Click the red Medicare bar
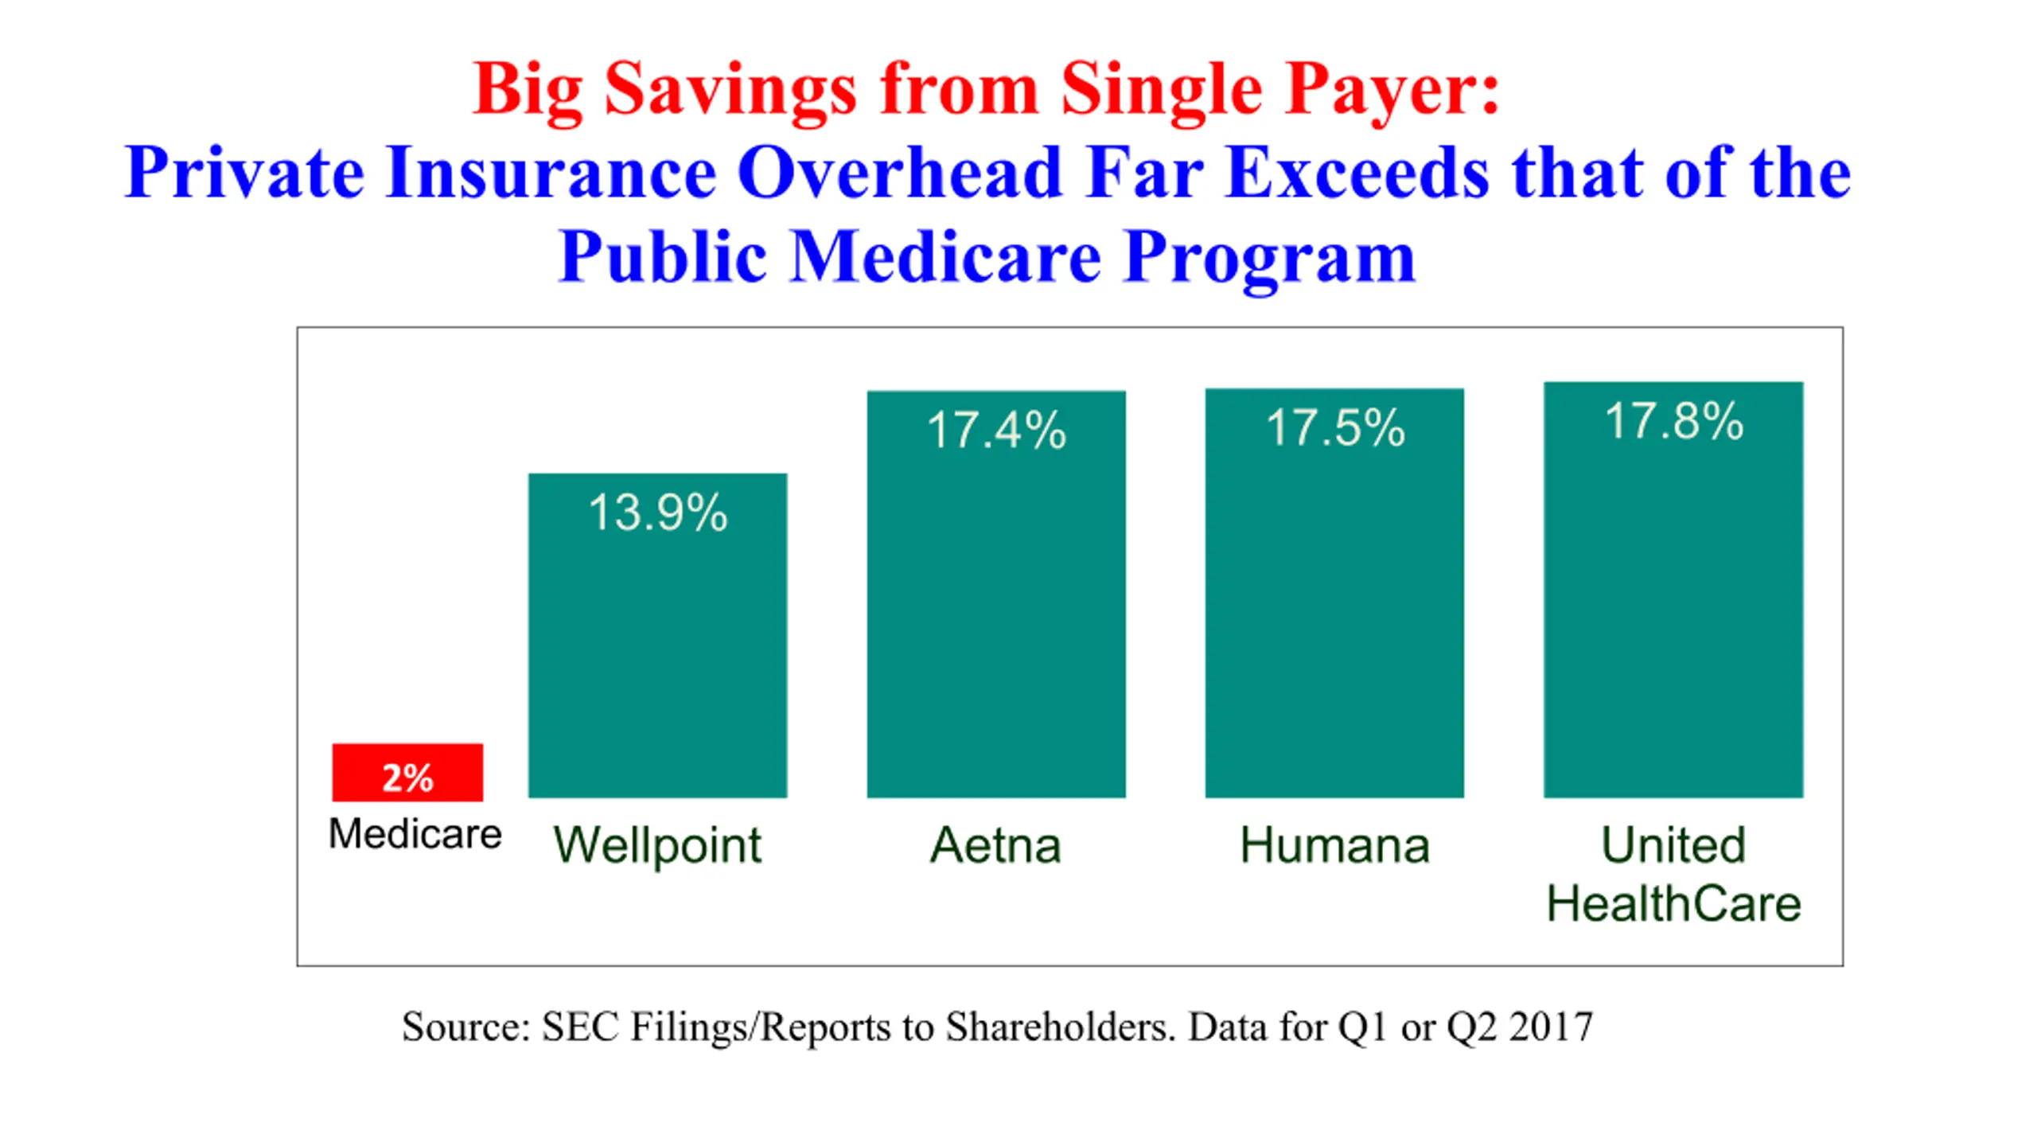point(407,772)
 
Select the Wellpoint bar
point(658,635)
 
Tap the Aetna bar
point(996,594)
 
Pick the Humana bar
point(1334,593)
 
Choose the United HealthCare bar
point(1673,590)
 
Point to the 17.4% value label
point(996,431)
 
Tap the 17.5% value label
point(1335,427)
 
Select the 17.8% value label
point(1674,421)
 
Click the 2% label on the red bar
point(407,778)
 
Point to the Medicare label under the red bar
point(415,834)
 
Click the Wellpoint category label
point(658,845)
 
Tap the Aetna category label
point(996,844)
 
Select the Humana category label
point(1335,844)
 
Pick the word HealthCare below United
point(1674,904)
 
